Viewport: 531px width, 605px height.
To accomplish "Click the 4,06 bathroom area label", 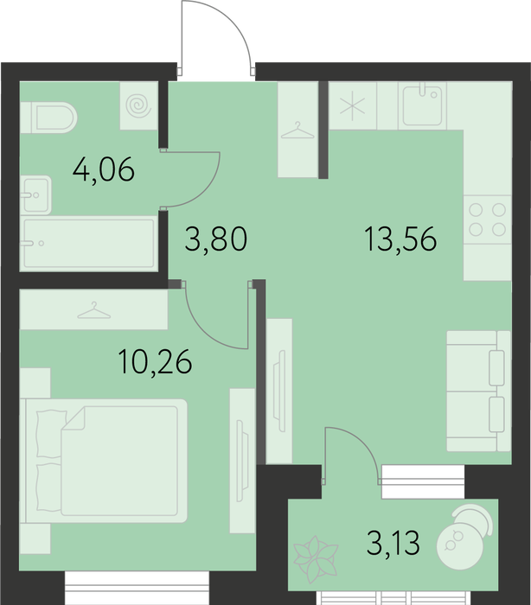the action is coord(104,169).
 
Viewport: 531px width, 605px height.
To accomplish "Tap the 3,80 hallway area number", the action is coord(216,239).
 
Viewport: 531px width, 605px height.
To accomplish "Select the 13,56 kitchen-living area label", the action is coord(400,239).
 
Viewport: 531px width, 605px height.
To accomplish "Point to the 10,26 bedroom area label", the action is coord(156,361).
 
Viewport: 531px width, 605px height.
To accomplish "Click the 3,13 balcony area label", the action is coord(393,542).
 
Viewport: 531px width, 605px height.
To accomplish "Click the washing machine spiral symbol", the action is coord(138,105).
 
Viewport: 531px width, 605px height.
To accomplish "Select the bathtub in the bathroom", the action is coord(89,243).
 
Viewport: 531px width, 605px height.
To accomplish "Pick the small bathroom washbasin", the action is coord(35,194).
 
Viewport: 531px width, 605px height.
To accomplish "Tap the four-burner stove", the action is coord(488,220).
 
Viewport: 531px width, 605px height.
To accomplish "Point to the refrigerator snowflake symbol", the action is coord(352,105).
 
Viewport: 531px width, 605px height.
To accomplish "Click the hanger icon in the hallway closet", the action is coord(297,131).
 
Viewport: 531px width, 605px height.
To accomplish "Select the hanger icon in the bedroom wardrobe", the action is coord(94,310).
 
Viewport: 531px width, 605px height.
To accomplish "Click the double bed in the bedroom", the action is coord(104,461).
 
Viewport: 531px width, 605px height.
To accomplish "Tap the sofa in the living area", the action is coord(479,391).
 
